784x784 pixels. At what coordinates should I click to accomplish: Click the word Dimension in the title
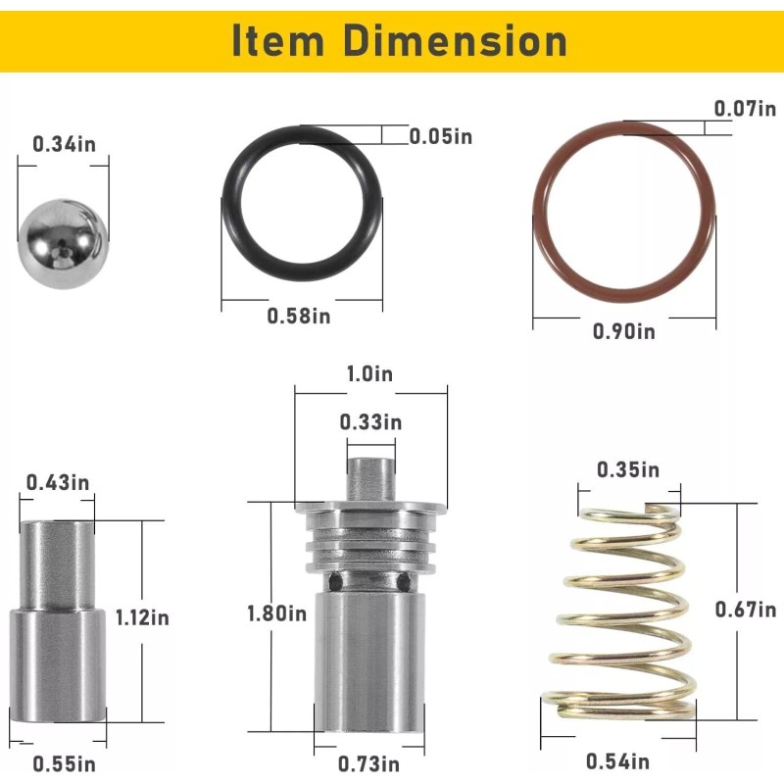pos(455,40)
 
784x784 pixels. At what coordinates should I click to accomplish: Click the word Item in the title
pos(278,40)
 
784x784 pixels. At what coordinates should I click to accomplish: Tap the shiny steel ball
pos(63,244)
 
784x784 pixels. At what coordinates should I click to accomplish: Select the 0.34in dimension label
pos(64,144)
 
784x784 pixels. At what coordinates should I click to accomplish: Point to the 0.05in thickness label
pos(440,136)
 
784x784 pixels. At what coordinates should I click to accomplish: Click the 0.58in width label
pos(299,316)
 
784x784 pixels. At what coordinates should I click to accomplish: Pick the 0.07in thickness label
pos(745,109)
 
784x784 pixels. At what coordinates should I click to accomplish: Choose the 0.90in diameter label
pos(624,331)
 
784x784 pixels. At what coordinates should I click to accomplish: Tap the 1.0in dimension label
pos(370,374)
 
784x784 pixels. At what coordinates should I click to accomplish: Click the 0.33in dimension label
pos(370,422)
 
